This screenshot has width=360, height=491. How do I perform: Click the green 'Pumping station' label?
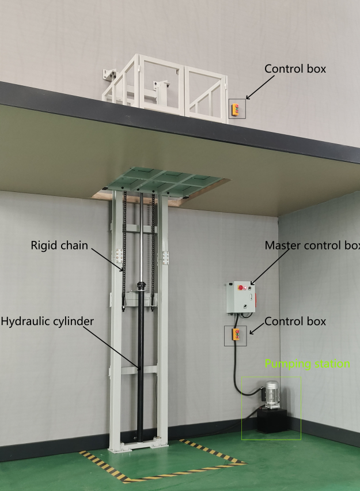point(307,364)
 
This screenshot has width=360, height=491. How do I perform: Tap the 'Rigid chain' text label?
point(59,245)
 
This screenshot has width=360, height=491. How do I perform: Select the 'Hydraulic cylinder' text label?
point(47,321)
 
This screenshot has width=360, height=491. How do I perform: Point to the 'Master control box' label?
point(312,245)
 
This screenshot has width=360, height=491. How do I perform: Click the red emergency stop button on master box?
point(241,287)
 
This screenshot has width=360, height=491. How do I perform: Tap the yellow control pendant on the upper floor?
point(235,109)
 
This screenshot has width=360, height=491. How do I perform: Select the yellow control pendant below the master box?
point(236,335)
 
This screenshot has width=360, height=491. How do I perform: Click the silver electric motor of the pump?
point(271,394)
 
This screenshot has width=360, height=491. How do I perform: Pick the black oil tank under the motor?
point(272,421)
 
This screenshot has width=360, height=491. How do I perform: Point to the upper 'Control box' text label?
point(295,69)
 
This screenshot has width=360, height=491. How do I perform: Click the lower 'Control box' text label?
point(295,321)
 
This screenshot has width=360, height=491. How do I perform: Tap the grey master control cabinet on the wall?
point(241,297)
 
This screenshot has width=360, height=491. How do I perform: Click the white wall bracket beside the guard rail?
point(109,75)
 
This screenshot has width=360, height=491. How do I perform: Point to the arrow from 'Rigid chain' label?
point(107,259)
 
